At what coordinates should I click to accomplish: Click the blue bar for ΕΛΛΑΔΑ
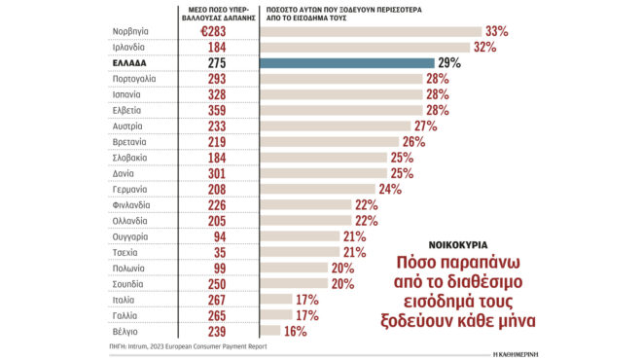click(348, 62)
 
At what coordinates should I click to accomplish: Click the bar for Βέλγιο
click(270, 331)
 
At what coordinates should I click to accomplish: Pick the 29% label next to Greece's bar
click(449, 62)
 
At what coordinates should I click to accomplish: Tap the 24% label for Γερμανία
click(390, 189)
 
